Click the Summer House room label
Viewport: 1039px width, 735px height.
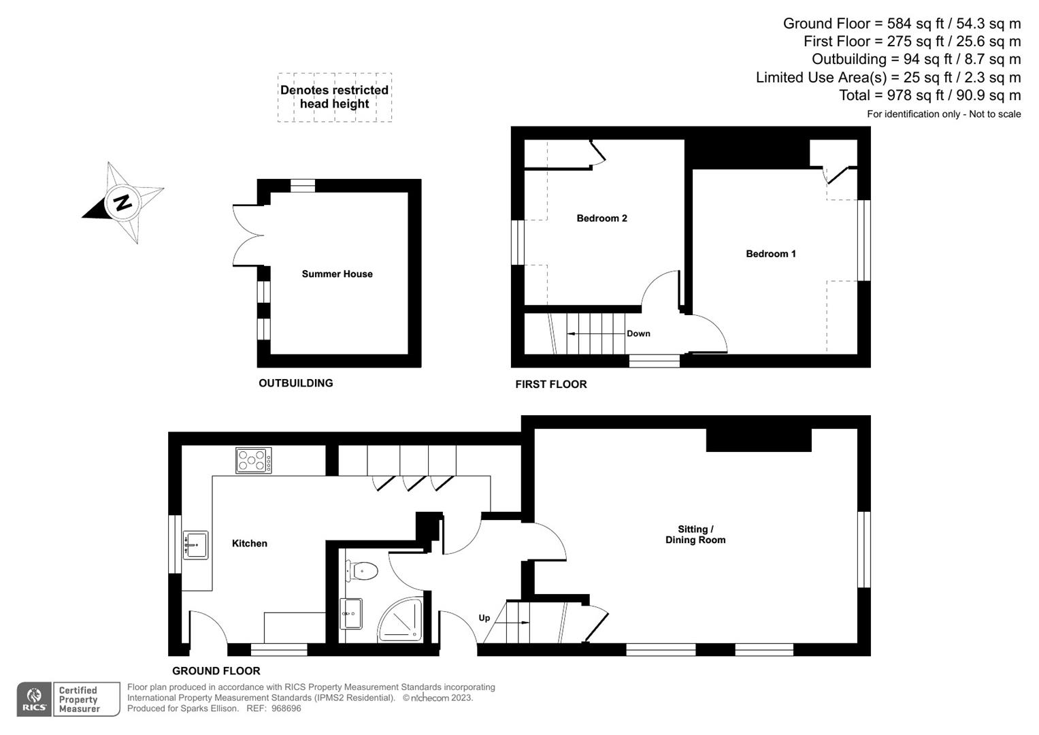click(x=337, y=274)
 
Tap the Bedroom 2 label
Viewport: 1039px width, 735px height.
click(x=601, y=218)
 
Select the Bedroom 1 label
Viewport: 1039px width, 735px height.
click(x=770, y=254)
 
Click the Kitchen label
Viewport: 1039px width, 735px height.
click(x=249, y=543)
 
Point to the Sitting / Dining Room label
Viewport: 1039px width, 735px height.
click(x=695, y=535)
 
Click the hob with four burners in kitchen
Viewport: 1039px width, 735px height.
click(x=253, y=461)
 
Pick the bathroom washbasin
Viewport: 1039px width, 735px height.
click(x=351, y=614)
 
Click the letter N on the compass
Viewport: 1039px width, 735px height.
click(x=122, y=202)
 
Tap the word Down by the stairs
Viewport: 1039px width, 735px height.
click(x=638, y=333)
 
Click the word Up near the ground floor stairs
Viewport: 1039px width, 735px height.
click(x=484, y=618)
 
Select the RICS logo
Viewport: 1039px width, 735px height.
click(x=34, y=700)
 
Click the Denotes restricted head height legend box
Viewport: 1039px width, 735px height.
click(x=334, y=97)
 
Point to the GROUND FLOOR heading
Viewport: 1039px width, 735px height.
click(x=216, y=671)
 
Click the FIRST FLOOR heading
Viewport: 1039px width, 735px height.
click(x=550, y=385)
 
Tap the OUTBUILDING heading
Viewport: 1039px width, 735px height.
click(x=295, y=383)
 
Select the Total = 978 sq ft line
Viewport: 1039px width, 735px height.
click(x=929, y=95)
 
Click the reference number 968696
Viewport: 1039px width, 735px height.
click(x=286, y=708)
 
